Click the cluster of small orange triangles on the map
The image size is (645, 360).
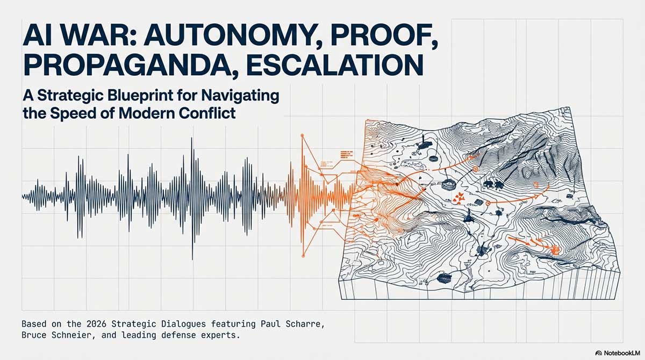tap(458, 199)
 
